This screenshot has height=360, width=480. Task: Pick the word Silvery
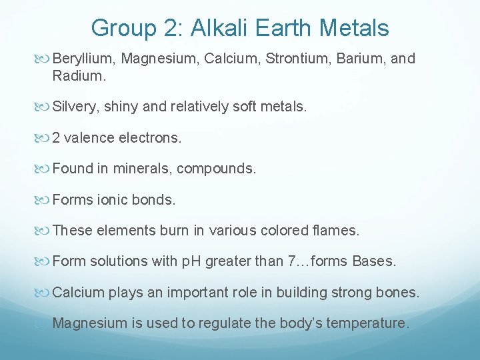[73, 107]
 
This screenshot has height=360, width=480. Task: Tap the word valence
[89, 138]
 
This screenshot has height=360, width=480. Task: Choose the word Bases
[373, 261]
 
